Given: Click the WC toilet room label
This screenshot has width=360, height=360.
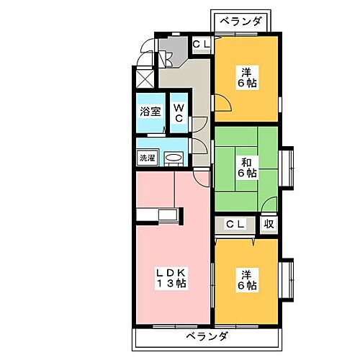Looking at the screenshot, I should pos(179,114).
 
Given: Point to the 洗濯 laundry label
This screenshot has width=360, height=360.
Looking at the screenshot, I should pos(146,157).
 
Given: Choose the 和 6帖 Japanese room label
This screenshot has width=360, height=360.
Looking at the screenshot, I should pos(247,166).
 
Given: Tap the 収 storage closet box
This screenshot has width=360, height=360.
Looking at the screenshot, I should pos(268,225).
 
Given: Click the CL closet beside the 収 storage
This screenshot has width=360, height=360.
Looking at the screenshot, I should pos(235,225).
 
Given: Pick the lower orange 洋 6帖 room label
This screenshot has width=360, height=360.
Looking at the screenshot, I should pos(247,280).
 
